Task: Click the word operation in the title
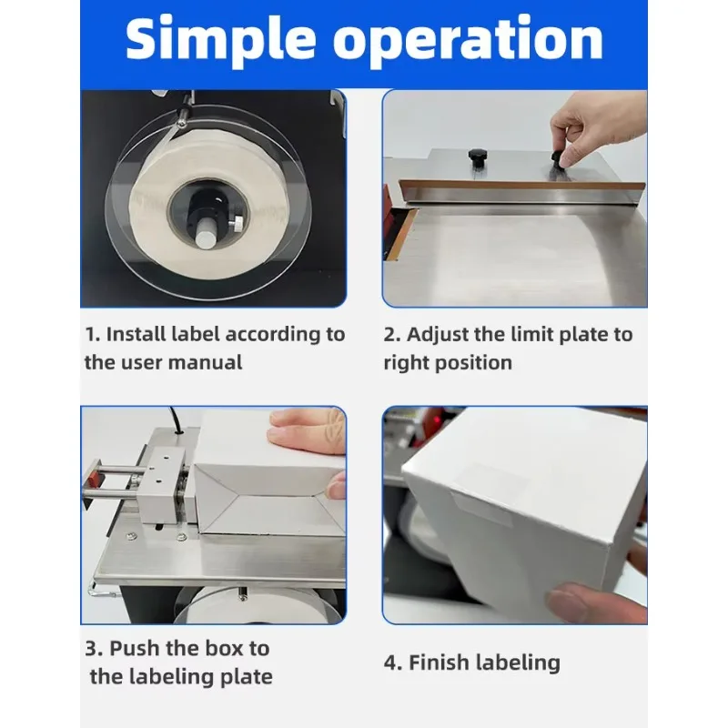tap(468, 42)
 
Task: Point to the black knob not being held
tap(477, 158)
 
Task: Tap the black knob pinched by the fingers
tap(559, 158)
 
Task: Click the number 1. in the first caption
tap(93, 334)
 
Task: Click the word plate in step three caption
tap(246, 677)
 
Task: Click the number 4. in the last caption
tap(393, 663)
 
